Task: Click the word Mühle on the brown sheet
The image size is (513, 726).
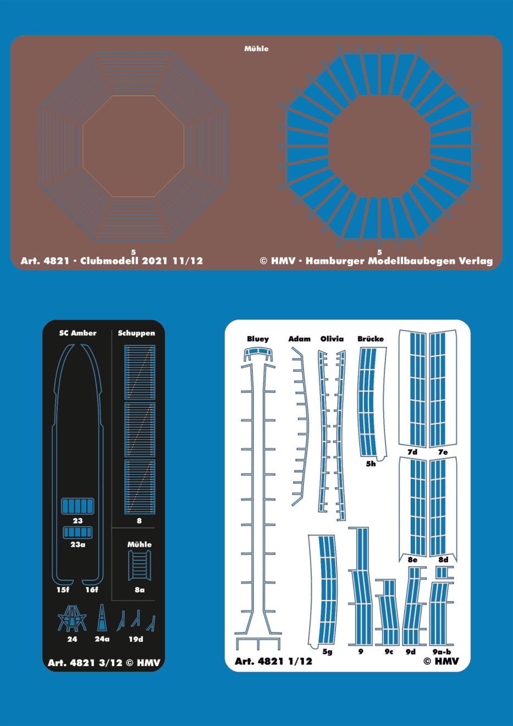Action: pos(256,48)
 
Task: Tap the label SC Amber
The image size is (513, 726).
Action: pos(78,333)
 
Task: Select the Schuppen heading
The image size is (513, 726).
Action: pos(136,333)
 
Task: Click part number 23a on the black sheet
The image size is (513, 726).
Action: pos(78,544)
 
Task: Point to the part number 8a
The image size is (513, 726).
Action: pos(139,590)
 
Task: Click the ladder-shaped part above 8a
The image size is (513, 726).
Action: pos(140,565)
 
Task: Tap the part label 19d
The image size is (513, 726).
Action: pos(136,639)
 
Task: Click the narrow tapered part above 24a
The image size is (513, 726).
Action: pos(102,618)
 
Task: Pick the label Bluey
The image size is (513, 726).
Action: pos(258,339)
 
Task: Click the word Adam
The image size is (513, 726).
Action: pos(299,339)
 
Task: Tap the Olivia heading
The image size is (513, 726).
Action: pos(332,339)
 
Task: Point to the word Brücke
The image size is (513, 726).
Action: pos(371,339)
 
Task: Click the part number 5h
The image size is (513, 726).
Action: pos(371,464)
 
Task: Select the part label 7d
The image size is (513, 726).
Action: pos(412,452)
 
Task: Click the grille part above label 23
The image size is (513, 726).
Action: pos(78,506)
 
